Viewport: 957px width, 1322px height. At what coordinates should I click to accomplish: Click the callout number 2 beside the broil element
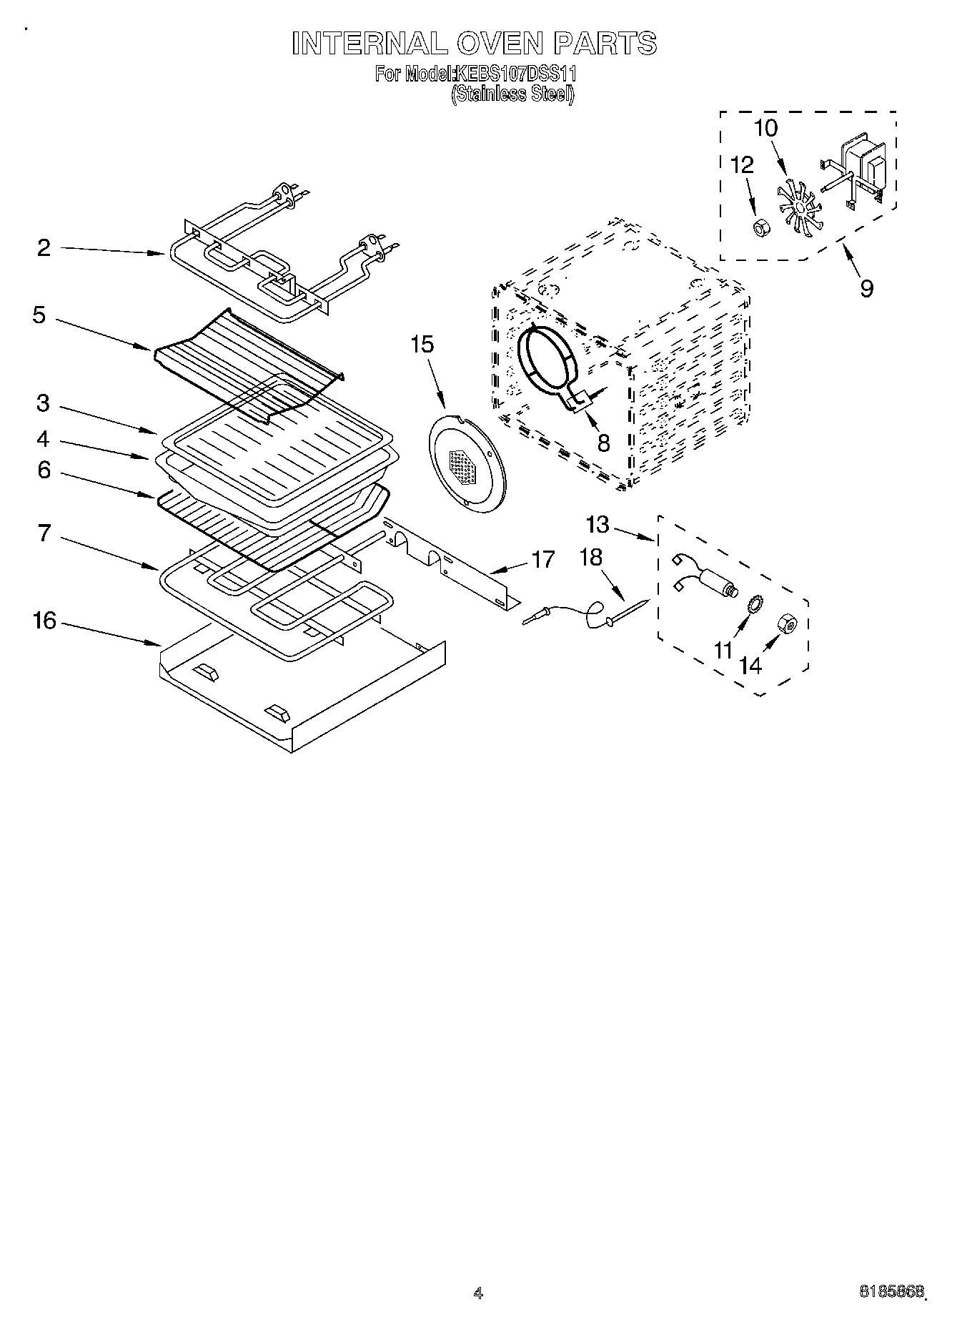point(44,248)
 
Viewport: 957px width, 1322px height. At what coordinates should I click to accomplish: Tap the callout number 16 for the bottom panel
point(44,621)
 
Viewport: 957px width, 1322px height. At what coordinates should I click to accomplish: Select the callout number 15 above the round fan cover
point(422,345)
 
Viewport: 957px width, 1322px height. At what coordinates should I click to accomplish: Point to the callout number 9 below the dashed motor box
point(866,289)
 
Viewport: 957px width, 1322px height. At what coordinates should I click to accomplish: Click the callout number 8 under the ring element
point(603,443)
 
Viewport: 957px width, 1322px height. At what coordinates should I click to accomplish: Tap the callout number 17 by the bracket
point(543,559)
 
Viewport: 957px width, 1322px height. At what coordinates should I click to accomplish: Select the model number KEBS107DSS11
point(515,74)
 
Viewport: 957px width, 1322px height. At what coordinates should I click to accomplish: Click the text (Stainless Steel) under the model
point(512,94)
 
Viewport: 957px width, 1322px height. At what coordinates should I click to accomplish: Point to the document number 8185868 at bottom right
point(891,1291)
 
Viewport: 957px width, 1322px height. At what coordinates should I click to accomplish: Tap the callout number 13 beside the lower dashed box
point(597,526)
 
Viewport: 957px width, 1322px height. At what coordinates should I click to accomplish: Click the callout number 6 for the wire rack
point(44,470)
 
